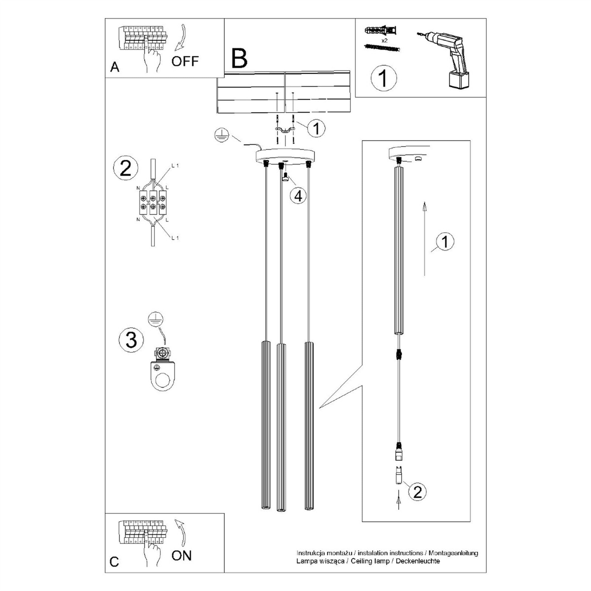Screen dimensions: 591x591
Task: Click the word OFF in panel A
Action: pos(185,61)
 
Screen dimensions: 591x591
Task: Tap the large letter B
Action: pos(239,58)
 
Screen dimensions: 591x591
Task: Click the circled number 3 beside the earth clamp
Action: pos(131,340)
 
